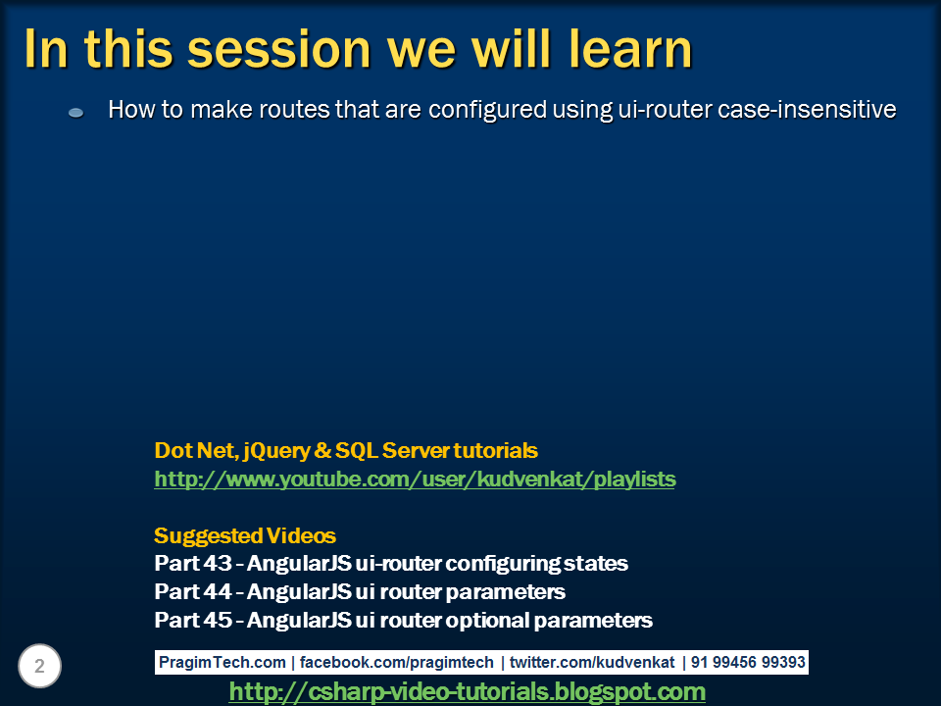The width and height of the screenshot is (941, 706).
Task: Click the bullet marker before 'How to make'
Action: click(75, 114)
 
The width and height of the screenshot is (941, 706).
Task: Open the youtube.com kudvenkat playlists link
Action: click(415, 479)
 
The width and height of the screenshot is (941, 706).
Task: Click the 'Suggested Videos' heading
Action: click(245, 536)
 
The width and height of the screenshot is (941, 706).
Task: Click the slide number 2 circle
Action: click(39, 667)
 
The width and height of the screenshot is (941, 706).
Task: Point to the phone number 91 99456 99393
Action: click(748, 663)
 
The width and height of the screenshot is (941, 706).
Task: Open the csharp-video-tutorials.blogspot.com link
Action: click(467, 692)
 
